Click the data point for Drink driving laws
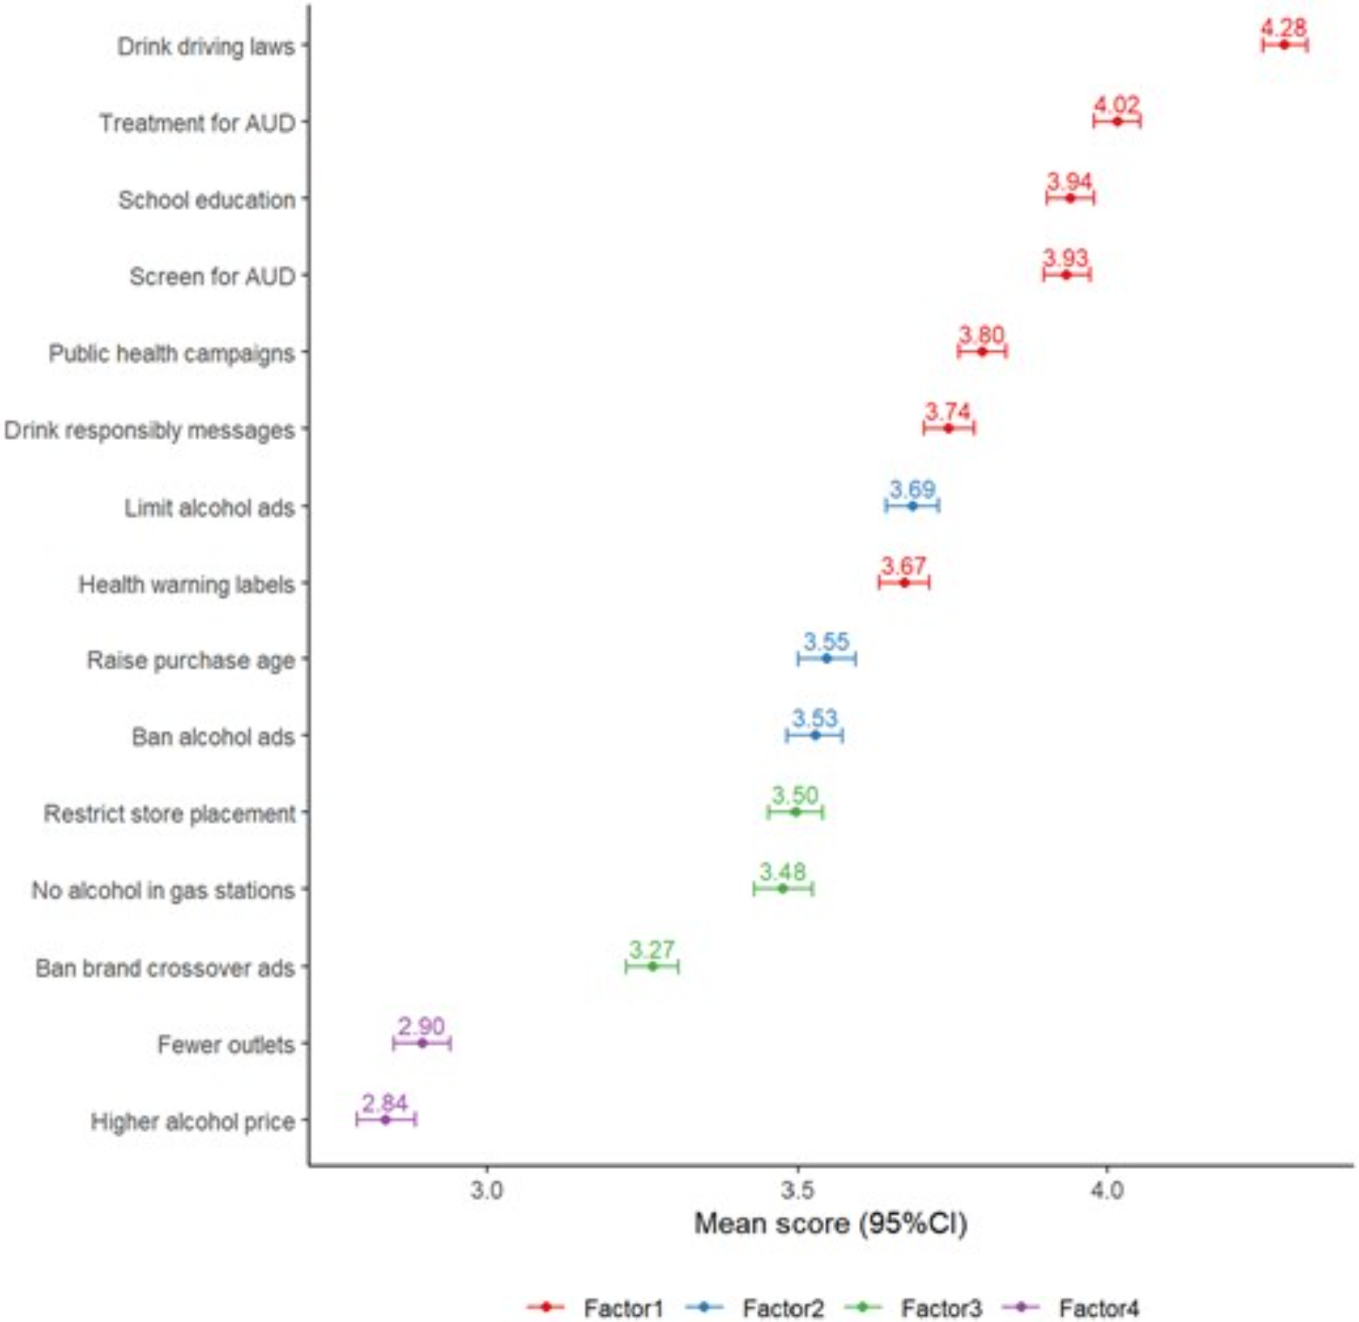click(1284, 45)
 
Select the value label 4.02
click(1116, 105)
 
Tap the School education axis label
click(207, 200)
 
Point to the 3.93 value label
click(1066, 258)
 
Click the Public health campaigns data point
click(982, 352)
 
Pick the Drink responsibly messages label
click(150, 431)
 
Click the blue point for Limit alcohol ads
click(913, 506)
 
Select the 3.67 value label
click(904, 566)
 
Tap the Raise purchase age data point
click(826, 658)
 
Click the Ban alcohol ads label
click(213, 736)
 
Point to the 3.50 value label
click(795, 795)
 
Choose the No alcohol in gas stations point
click(783, 888)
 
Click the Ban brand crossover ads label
click(165, 968)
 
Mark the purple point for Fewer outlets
click(421, 1043)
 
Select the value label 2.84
click(385, 1103)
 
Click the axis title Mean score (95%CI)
click(830, 1224)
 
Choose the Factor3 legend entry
click(941, 1309)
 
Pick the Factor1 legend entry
click(623, 1309)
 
